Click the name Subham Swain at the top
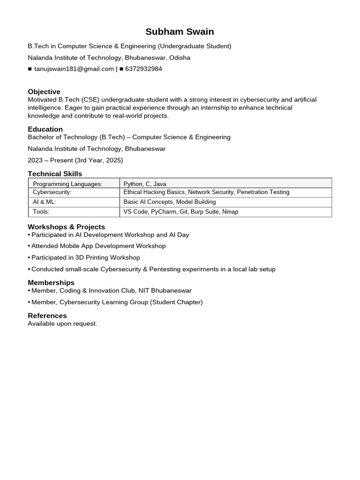(180, 32)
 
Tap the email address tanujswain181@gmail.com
(74, 69)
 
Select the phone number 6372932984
(143, 69)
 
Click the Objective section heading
(44, 91)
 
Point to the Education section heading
(45, 129)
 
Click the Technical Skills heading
(55, 174)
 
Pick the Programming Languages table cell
(67, 184)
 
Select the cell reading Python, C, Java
(145, 184)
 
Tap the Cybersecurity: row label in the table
(52, 192)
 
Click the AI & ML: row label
(45, 202)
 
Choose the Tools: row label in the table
(41, 212)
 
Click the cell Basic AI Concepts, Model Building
(170, 202)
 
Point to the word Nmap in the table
(230, 212)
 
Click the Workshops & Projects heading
(66, 227)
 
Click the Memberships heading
(51, 283)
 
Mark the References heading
(47, 315)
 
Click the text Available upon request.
(62, 324)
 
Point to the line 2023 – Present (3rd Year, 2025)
(75, 160)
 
